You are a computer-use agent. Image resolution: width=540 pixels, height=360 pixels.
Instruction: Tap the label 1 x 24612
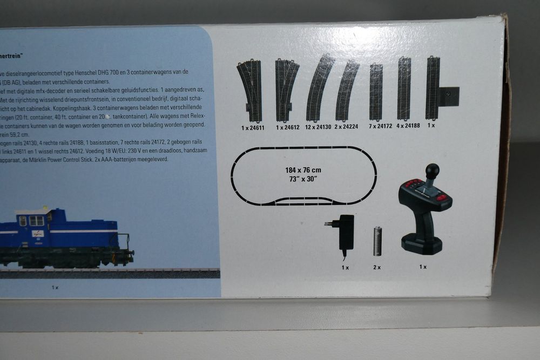click(x=288, y=128)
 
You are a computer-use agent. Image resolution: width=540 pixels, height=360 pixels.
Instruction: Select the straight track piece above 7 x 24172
click(x=376, y=92)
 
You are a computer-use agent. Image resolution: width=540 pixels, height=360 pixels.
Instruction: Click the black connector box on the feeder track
click(x=449, y=96)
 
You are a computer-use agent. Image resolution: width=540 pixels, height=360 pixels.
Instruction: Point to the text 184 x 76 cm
click(x=303, y=170)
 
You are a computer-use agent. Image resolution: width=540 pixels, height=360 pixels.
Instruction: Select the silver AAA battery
click(x=377, y=241)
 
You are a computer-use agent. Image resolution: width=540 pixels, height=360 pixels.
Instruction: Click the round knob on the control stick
click(x=433, y=171)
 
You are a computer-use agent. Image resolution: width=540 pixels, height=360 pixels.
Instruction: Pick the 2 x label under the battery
click(x=376, y=267)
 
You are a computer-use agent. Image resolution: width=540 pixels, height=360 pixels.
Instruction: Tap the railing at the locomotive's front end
click(x=125, y=242)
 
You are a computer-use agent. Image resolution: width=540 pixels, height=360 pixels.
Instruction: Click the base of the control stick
click(x=422, y=246)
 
